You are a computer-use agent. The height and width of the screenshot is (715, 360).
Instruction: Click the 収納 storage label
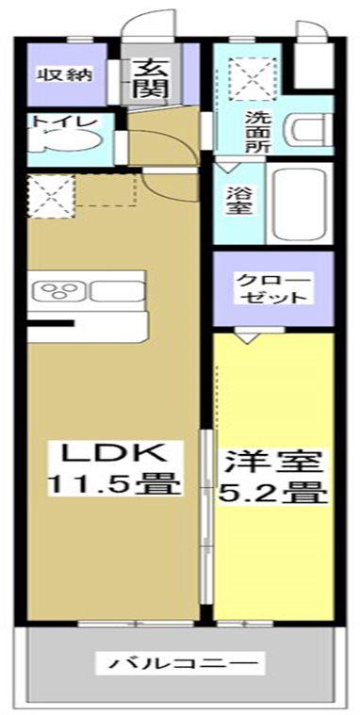[x=64, y=73]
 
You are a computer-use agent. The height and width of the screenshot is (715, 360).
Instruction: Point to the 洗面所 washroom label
[x=258, y=132]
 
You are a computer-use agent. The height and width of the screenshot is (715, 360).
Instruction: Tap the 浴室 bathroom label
[x=237, y=202]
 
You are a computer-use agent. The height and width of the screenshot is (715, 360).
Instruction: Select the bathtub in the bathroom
[x=301, y=204]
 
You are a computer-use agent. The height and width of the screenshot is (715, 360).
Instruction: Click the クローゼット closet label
[x=273, y=288]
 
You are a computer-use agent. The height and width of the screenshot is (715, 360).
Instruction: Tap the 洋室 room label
[x=272, y=463]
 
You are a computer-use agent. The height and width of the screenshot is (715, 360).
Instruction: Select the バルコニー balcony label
[x=180, y=662]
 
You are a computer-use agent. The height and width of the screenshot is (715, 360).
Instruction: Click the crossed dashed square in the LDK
[x=50, y=196]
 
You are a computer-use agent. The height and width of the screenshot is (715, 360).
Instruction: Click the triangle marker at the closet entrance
[x=246, y=337]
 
